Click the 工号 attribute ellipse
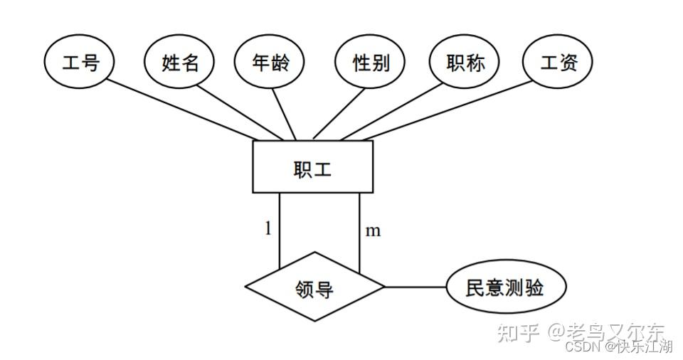80,63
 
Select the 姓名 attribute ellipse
180,63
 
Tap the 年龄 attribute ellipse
270,63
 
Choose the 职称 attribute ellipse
465,63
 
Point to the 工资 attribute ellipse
558,63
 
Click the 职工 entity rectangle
313,167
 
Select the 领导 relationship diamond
314,288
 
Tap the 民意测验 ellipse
506,288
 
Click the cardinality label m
372,231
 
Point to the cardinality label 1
268,229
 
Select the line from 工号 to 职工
185,110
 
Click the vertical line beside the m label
359,231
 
